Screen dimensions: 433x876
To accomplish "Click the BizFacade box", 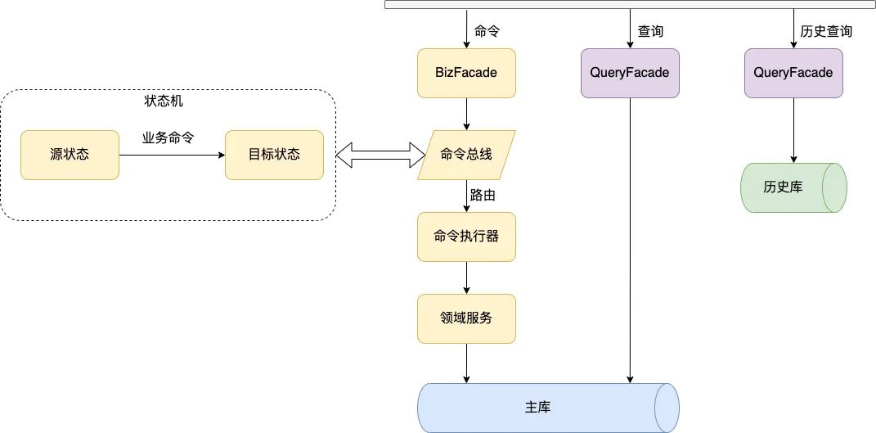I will [x=466, y=73].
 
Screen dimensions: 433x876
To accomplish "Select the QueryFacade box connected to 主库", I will [x=630, y=73].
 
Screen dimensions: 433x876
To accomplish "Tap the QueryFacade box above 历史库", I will [x=793, y=73].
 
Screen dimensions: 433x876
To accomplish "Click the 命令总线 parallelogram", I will [x=466, y=155].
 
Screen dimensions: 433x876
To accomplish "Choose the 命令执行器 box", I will [x=466, y=237].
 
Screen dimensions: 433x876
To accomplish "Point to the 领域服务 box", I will [x=466, y=318].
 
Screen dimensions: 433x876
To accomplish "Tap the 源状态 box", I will [x=70, y=155].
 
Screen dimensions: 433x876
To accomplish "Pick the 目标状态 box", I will [x=274, y=155].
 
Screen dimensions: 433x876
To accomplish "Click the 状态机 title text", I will [x=168, y=101].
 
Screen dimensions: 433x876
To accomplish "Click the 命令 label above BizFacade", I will [x=487, y=32].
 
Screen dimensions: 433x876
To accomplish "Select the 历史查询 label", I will [x=826, y=32].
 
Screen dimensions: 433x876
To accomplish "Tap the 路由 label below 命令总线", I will [x=483, y=196].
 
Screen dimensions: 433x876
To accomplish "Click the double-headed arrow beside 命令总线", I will [x=377, y=155].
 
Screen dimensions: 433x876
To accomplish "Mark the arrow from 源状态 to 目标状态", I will [x=172, y=155].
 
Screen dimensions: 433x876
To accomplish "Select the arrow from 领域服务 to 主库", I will [x=466, y=363].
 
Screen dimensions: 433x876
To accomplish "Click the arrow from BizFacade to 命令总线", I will [x=466, y=114].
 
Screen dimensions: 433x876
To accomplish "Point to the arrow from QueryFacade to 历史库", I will [x=793, y=130].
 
